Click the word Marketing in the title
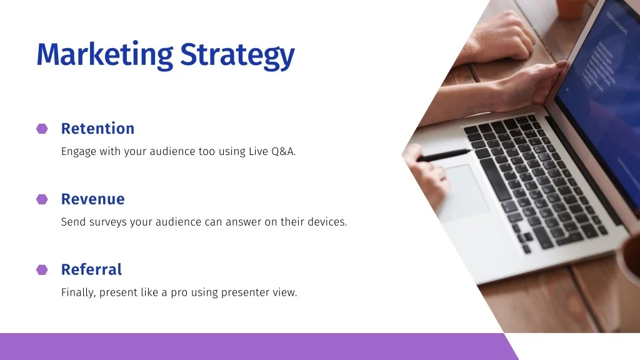(105, 55)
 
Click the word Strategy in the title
(237, 56)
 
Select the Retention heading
(97, 129)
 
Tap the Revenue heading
(93, 199)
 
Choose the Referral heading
(91, 269)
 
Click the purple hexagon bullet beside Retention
(42, 129)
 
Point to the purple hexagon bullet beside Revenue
(42, 199)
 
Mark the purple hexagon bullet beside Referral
(42, 270)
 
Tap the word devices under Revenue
(327, 222)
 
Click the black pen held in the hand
(442, 156)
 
